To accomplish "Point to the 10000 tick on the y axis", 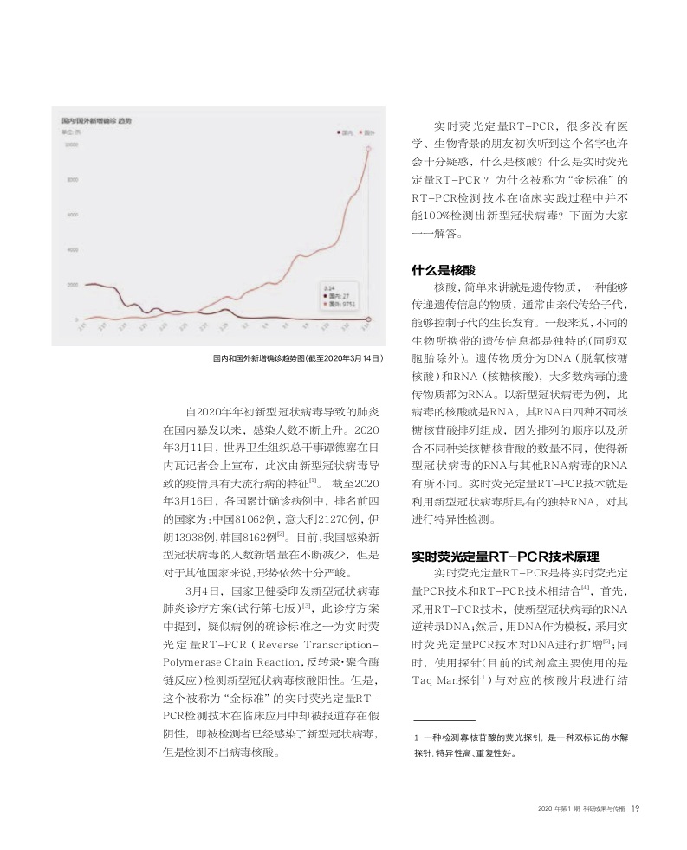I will point(72,145).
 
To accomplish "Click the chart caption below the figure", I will point(297,357).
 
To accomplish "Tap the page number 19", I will point(635,810).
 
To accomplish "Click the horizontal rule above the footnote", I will point(444,720).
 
